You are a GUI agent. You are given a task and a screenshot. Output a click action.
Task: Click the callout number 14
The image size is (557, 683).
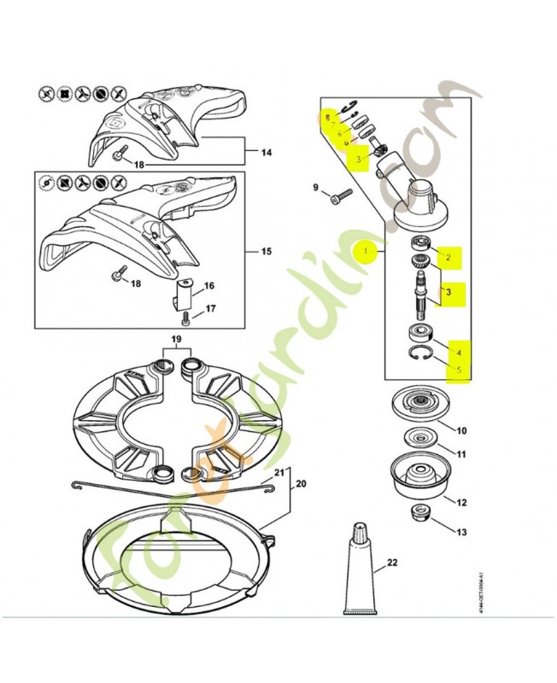coord(267,153)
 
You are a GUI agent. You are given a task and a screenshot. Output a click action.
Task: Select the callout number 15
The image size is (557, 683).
coord(267,252)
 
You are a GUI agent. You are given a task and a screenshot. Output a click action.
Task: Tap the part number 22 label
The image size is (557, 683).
coord(392,562)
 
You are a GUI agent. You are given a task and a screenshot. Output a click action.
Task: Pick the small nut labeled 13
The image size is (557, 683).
coord(419,515)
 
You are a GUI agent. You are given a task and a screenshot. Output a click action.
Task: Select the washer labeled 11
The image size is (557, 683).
coord(419,438)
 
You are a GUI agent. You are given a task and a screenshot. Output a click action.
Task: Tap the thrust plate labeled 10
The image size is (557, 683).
coord(419,404)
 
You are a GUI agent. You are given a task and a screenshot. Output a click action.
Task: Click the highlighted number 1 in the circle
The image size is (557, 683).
coord(365,252)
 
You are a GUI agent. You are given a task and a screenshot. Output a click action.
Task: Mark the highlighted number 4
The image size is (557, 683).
coord(459,352)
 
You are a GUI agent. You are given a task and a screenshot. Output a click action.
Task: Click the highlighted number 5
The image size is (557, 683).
coord(459,371)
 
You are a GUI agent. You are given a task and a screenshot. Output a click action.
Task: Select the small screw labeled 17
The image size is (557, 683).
coord(186,320)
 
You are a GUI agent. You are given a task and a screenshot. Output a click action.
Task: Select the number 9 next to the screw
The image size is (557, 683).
coord(315,188)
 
